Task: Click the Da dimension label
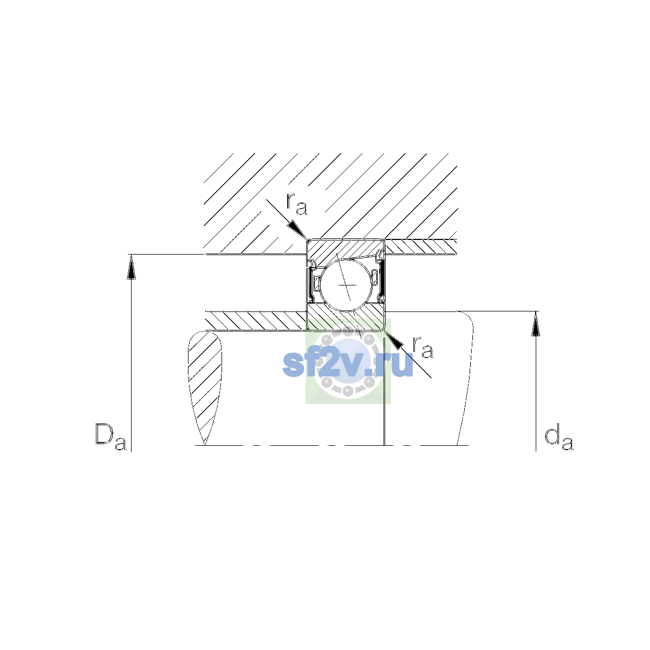tap(110, 437)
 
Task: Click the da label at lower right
tap(558, 439)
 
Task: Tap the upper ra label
tap(296, 204)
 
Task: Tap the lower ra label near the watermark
tap(422, 347)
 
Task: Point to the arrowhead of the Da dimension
tap(131, 267)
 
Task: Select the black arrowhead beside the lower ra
tap(394, 340)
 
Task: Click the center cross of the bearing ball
tap(347, 285)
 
